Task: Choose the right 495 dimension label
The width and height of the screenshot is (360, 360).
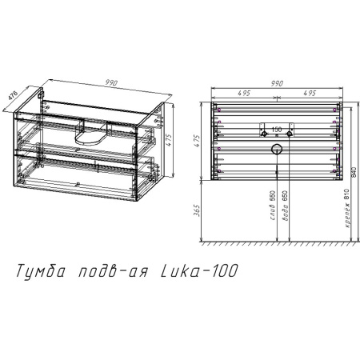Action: click(309, 94)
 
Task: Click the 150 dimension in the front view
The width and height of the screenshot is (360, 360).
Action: click(276, 129)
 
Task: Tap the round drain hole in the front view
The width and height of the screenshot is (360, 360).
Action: click(276, 149)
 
